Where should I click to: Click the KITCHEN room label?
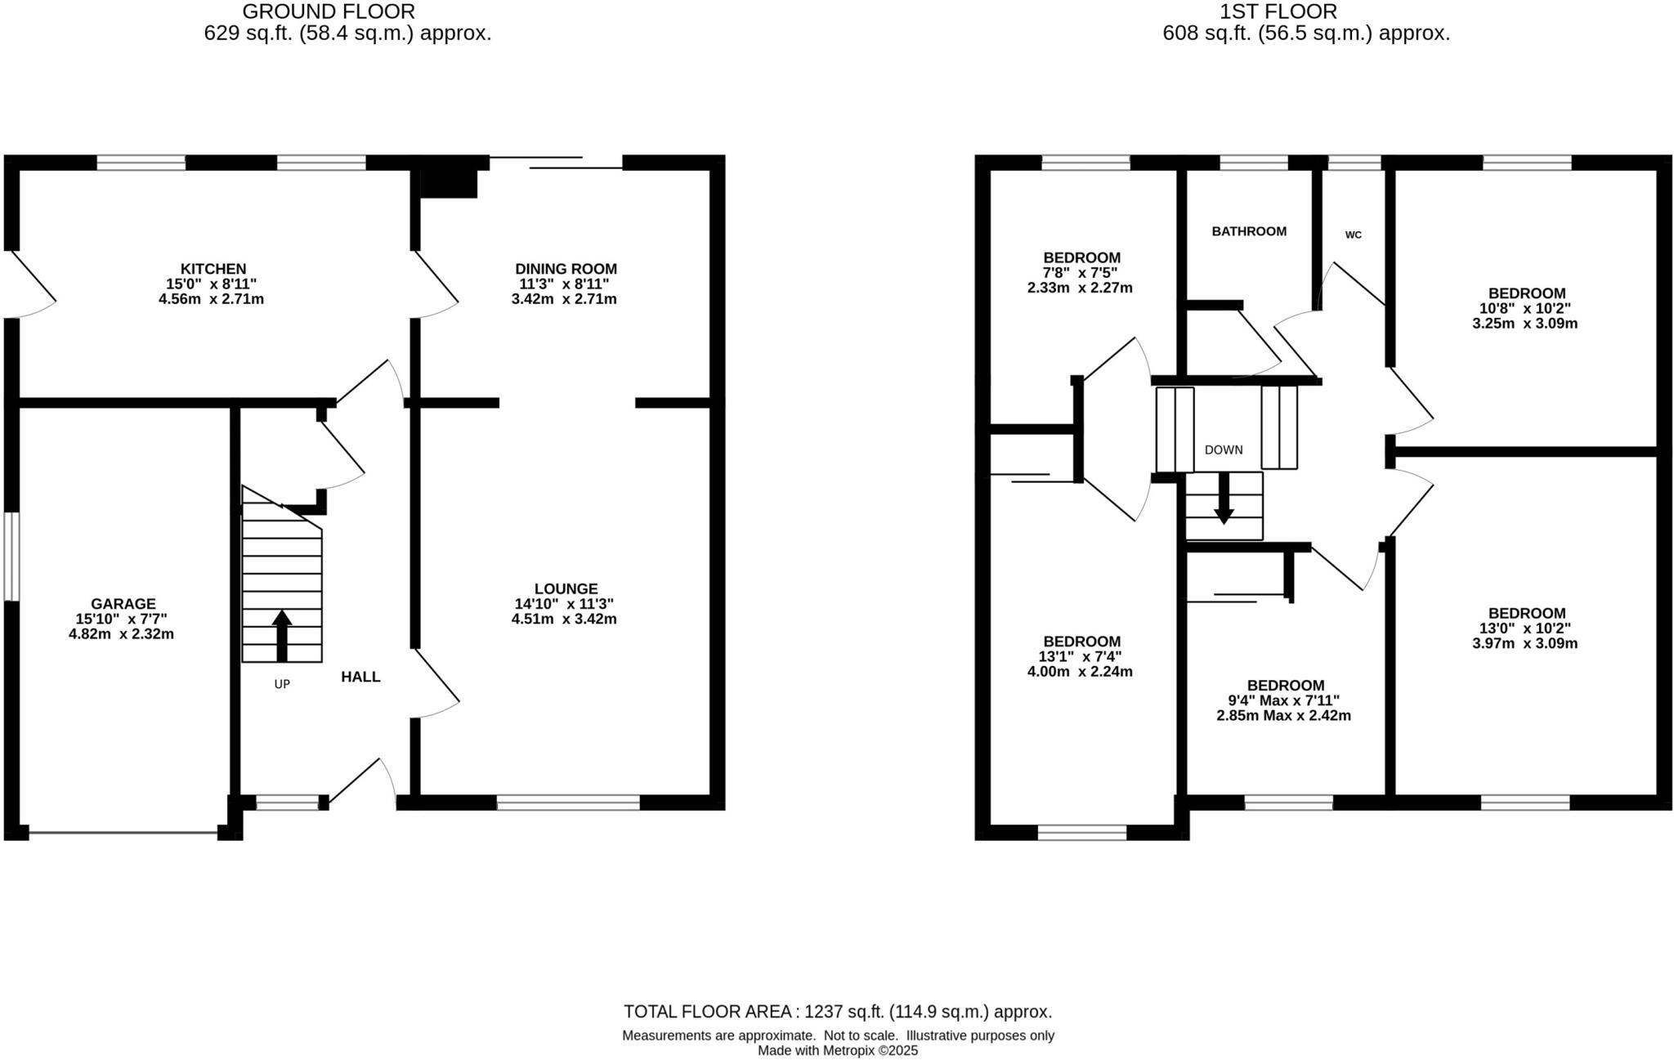click(213, 269)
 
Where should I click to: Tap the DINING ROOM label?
click(566, 269)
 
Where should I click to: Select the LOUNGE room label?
click(566, 588)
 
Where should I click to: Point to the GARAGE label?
click(123, 605)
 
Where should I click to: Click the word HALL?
click(360, 677)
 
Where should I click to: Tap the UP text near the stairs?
click(282, 684)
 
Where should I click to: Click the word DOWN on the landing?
click(1224, 449)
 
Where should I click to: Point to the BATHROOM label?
click(1249, 231)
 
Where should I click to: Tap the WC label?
click(1354, 235)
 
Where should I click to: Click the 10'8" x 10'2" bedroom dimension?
click(1526, 308)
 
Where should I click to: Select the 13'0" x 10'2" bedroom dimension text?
click(1526, 628)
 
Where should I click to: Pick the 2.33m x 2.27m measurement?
click(1079, 288)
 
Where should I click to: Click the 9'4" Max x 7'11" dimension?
click(1285, 700)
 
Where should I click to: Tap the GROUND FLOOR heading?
click(329, 11)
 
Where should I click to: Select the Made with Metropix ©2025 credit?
click(838, 1051)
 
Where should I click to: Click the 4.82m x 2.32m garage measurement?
click(121, 634)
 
